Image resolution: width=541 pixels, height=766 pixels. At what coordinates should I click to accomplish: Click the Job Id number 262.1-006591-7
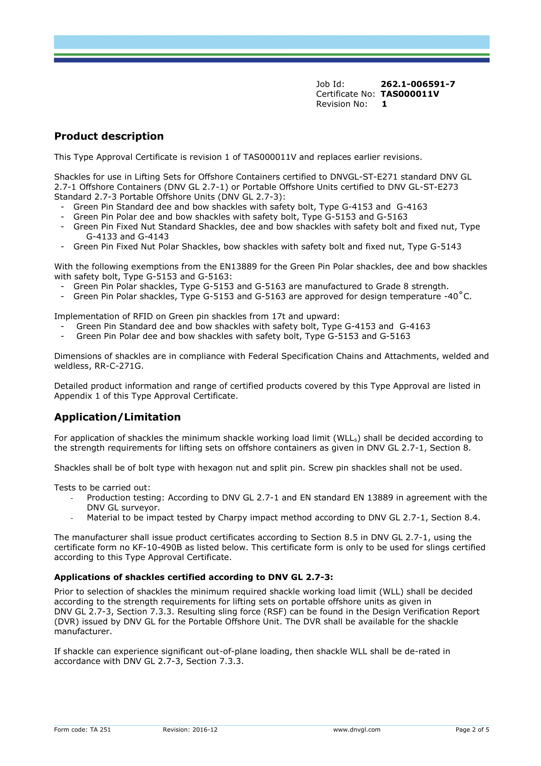click(x=418, y=84)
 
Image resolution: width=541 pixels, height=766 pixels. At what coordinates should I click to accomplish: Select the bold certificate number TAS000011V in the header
click(x=410, y=94)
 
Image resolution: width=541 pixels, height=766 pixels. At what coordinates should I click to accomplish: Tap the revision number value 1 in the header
click(x=384, y=104)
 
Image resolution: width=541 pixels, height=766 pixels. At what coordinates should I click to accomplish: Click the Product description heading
click(x=109, y=136)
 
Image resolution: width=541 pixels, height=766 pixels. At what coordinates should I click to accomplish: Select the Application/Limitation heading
click(x=117, y=417)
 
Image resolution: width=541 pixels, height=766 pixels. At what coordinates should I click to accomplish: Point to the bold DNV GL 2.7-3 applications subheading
click(x=194, y=577)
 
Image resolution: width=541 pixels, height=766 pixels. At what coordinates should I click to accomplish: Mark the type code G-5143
click(x=446, y=247)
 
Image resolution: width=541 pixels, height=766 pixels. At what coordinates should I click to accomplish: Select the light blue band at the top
click(x=271, y=42)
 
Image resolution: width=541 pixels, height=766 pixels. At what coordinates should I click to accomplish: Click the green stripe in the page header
click(x=271, y=55)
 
